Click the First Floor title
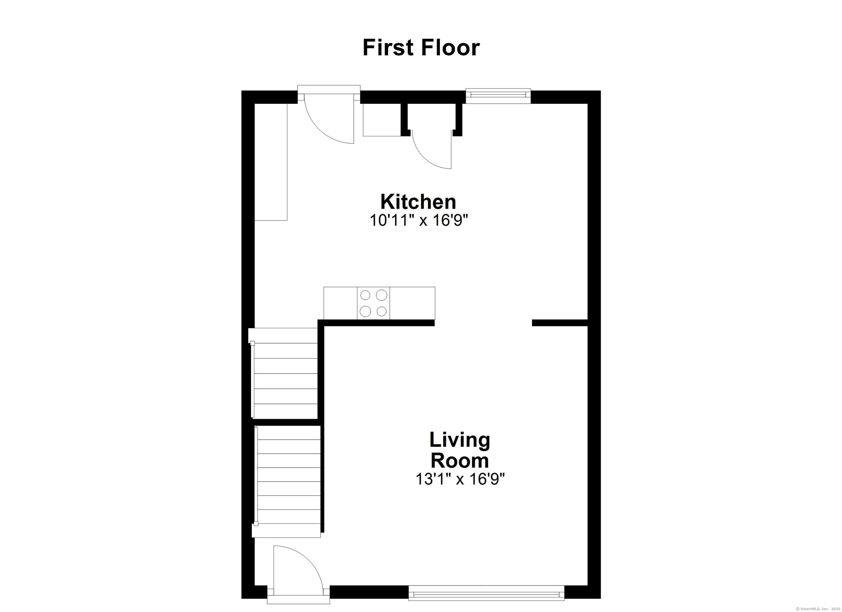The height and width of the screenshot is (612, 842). [x=421, y=47]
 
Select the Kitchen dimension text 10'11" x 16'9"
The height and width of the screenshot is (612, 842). [x=419, y=221]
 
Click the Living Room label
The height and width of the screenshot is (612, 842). [x=460, y=450]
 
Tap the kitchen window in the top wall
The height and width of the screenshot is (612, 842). [x=498, y=96]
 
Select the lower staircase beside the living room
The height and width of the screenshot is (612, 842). [x=287, y=481]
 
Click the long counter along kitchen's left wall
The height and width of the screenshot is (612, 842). [x=271, y=162]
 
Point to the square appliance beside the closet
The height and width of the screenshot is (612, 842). [x=382, y=120]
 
